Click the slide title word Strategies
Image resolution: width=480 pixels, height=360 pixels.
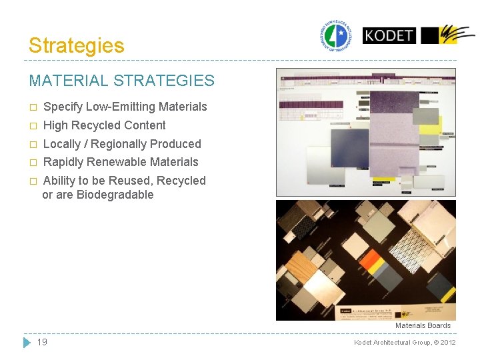[76, 45]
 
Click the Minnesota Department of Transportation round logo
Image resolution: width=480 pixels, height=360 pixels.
[337, 35]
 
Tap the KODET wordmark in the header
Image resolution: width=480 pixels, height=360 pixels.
[389, 35]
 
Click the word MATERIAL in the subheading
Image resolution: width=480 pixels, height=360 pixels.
[69, 81]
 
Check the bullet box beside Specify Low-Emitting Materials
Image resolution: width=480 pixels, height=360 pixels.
[33, 107]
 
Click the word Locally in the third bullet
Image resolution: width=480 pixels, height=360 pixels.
[61, 144]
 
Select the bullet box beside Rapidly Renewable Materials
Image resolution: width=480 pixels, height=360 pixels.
[33, 163]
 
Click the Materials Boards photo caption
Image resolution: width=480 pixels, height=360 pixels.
[423, 325]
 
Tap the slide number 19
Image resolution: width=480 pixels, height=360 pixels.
[42, 342]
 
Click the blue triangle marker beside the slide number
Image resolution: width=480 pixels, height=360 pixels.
[27, 342]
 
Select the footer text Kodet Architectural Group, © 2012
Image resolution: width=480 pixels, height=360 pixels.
[405, 343]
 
